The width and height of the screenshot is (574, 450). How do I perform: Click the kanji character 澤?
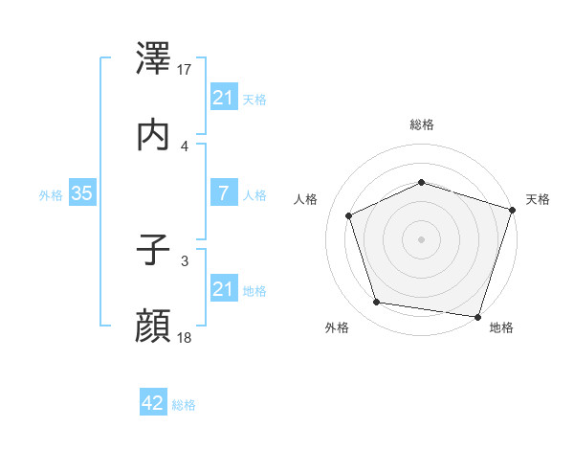pyautogui.click(x=154, y=59)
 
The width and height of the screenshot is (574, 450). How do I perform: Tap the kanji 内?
pyautogui.click(x=154, y=135)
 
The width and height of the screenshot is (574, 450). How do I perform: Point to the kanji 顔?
pyautogui.click(x=154, y=326)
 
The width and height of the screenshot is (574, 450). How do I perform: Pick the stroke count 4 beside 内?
pyautogui.click(x=185, y=146)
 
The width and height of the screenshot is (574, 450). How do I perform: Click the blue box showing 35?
pyautogui.click(x=81, y=193)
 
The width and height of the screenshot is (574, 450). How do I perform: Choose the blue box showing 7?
pyautogui.click(x=223, y=193)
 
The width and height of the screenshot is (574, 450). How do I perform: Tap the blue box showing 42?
pyautogui.click(x=152, y=403)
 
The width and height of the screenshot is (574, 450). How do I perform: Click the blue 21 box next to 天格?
pyautogui.click(x=223, y=97)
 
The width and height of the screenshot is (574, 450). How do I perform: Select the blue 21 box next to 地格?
pyautogui.click(x=223, y=288)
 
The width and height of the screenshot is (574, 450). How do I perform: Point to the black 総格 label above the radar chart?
pyautogui.click(x=421, y=124)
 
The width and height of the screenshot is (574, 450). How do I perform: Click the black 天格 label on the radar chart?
pyautogui.click(x=538, y=199)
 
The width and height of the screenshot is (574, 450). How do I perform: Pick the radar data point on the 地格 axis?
pyautogui.click(x=477, y=316)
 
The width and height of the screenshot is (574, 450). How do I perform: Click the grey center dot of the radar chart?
pyautogui.click(x=421, y=238)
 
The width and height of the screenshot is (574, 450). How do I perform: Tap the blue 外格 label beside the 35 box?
pyautogui.click(x=51, y=194)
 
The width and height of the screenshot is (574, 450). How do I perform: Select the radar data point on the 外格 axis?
pyautogui.click(x=377, y=302)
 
